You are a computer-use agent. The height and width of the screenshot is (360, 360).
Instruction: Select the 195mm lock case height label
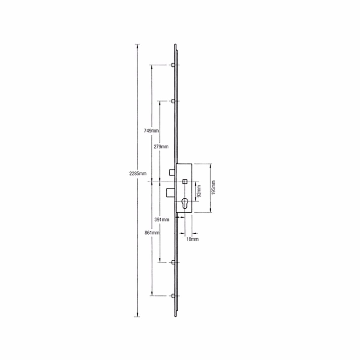214,188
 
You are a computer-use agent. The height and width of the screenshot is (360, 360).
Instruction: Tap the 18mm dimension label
192,239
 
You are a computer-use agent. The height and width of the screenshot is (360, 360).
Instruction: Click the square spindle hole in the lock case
185,181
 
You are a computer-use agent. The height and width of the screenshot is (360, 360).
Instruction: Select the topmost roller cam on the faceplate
173,65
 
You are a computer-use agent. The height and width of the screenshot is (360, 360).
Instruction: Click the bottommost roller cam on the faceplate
173,296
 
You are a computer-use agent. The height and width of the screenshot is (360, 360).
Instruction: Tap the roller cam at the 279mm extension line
173,101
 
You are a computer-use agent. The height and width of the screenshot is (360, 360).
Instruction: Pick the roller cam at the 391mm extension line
173,262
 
